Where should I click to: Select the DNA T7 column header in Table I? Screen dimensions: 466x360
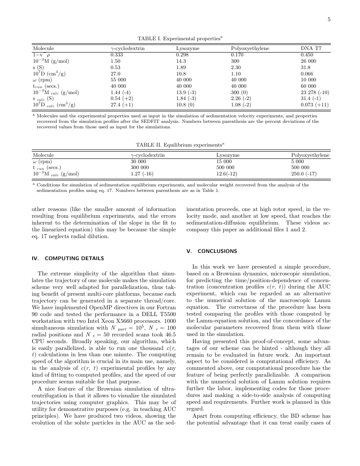pyautogui.click(x=311, y=49)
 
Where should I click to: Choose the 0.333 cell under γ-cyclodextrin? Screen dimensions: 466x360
pyautogui.click(x=117, y=55)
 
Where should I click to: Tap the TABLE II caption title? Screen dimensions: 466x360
pyautogui.click(x=180, y=145)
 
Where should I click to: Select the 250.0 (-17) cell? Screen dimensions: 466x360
pyautogui.click(x=304, y=173)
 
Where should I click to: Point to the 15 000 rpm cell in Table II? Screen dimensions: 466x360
pyautogui.click(x=224, y=161)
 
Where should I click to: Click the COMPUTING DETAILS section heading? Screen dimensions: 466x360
pyautogui.click(x=68, y=258)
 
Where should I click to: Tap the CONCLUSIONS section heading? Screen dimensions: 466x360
pyautogui.click(x=212, y=251)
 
